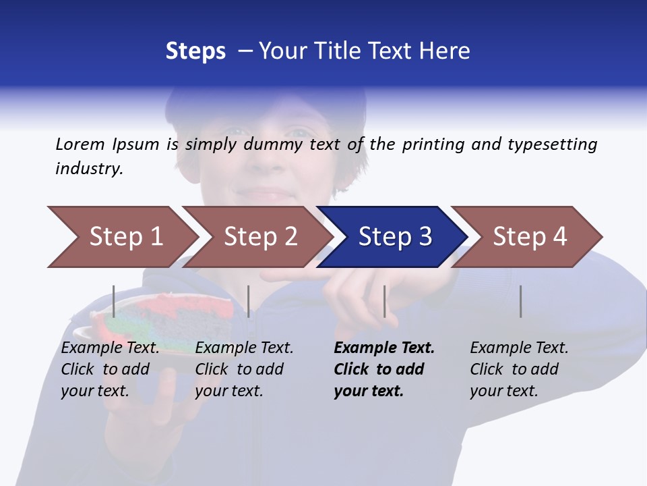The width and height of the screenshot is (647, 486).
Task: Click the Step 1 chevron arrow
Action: point(121,237)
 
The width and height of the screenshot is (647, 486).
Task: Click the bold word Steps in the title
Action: point(195,51)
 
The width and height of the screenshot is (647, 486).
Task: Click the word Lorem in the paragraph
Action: point(80,144)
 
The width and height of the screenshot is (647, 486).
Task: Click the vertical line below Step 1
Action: point(114,301)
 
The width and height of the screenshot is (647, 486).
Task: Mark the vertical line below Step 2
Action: point(249,301)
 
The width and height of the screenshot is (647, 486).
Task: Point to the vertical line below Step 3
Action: point(385,301)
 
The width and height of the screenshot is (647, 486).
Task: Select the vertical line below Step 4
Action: point(521,301)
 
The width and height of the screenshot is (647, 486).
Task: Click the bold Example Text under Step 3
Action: point(384,348)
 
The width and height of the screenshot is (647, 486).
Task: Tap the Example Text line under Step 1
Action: point(111,348)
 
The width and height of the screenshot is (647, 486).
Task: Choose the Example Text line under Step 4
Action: point(519,348)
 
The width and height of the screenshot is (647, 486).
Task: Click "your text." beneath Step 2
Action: point(228,391)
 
